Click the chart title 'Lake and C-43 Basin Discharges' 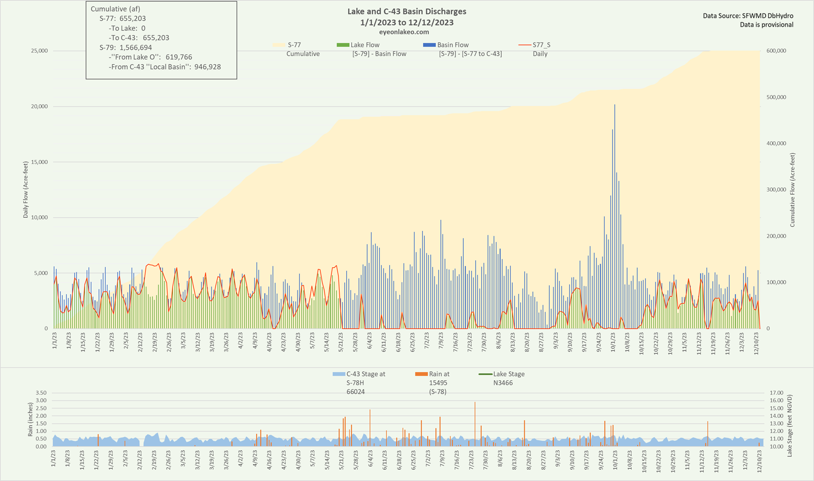tap(407, 11)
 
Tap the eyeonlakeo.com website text tap(407, 32)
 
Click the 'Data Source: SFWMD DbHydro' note tap(748, 16)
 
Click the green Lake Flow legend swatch tap(342, 45)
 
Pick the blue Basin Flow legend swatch tap(429, 45)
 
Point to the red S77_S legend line tap(525, 45)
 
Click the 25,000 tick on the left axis tap(38, 51)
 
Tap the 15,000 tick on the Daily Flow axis tap(38, 162)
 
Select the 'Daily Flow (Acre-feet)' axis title tap(25, 190)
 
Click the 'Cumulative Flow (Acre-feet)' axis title tap(792, 190)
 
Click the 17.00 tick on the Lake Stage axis tap(777, 393)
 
